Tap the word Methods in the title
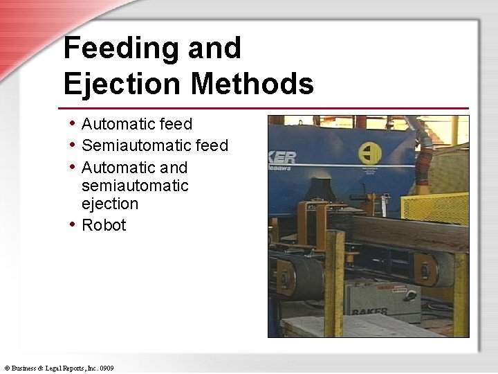click(x=252, y=84)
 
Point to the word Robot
click(x=104, y=225)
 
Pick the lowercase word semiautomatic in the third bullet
click(x=135, y=186)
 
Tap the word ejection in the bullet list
click(x=110, y=204)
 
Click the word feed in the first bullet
click(x=176, y=125)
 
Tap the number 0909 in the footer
click(x=107, y=368)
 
